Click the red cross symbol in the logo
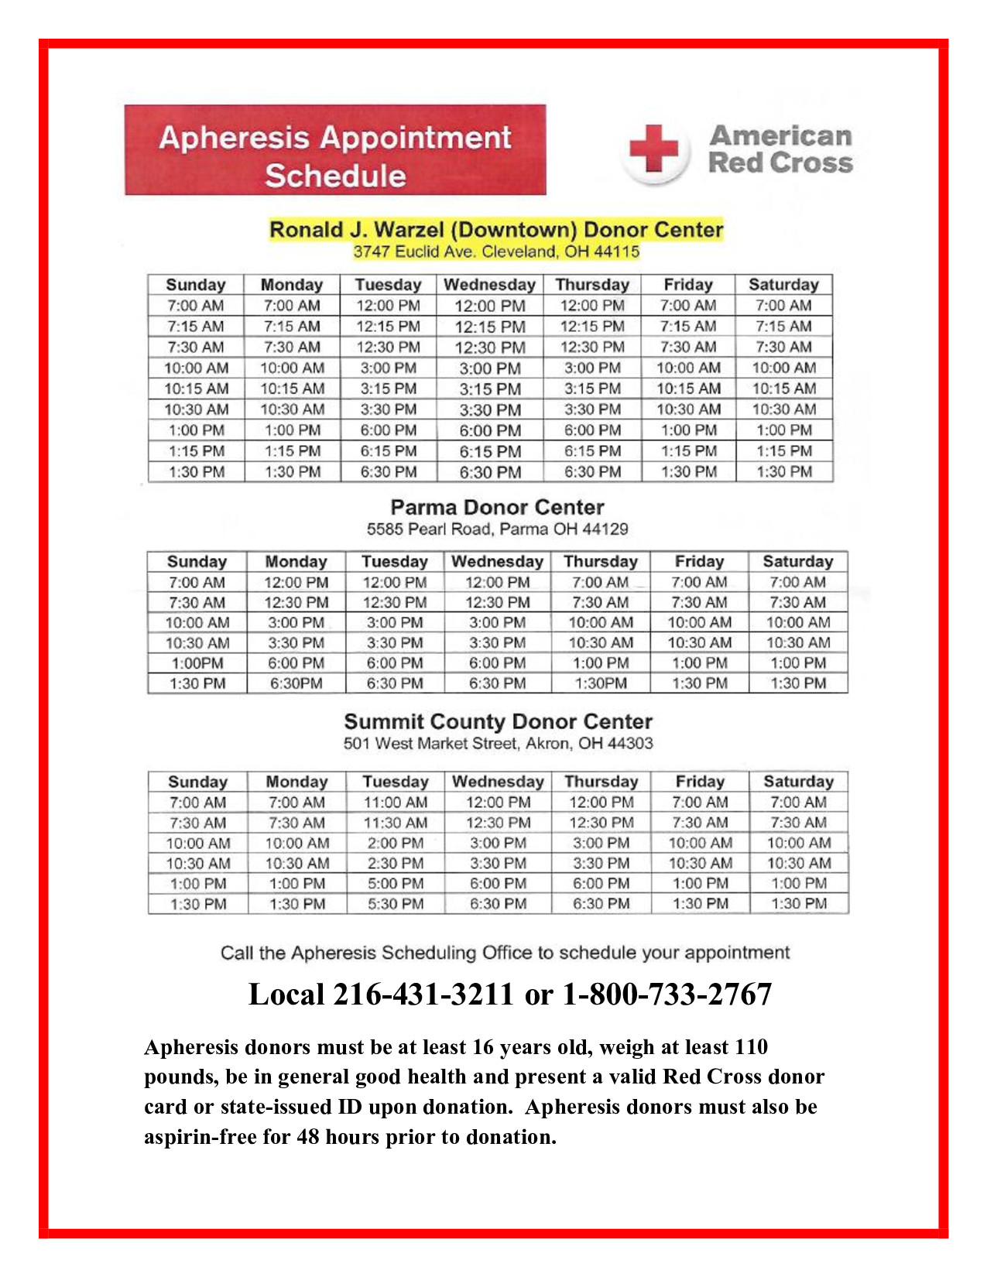(x=654, y=149)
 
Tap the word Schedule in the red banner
(x=335, y=176)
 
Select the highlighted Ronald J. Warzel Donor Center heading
(x=495, y=230)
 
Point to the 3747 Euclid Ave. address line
(x=496, y=252)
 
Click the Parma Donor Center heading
(x=497, y=508)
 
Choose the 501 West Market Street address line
(x=498, y=744)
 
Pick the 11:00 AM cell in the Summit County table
(x=396, y=803)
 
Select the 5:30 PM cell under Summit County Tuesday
(x=396, y=903)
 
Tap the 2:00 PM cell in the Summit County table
(x=396, y=843)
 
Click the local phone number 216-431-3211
(x=423, y=995)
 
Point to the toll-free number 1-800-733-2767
(x=667, y=995)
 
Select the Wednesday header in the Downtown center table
(x=489, y=285)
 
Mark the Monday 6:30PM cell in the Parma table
(x=296, y=683)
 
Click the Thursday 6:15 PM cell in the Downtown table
(x=592, y=451)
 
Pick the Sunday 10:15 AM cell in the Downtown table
(x=196, y=389)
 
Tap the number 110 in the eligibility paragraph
(x=751, y=1047)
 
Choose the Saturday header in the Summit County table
(x=798, y=782)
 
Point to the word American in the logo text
(x=780, y=136)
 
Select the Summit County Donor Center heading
(x=498, y=722)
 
